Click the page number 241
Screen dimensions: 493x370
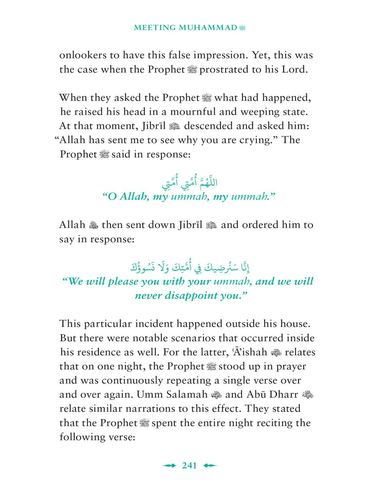[190, 466]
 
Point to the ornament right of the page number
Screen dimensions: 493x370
[210, 466]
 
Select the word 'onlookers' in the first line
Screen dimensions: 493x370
[84, 55]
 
